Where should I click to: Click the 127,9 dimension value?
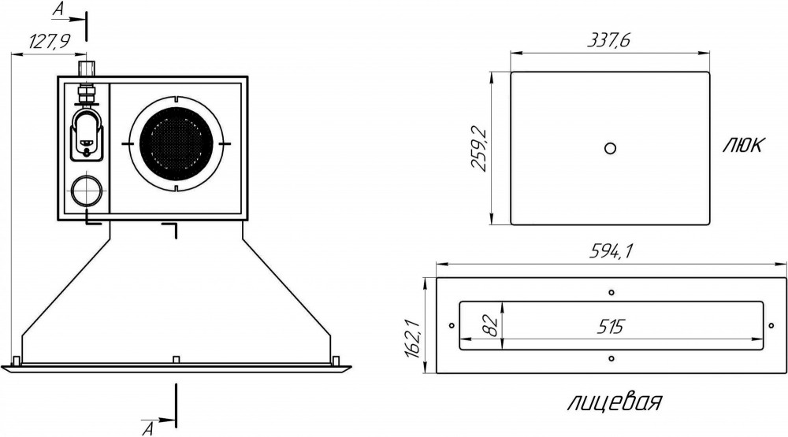49,41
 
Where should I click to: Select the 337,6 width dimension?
608,39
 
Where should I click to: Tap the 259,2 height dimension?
479,149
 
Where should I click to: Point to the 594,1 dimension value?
611,250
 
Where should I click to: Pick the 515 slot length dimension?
610,327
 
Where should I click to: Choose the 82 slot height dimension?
493,325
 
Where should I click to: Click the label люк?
743,145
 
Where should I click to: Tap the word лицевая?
615,402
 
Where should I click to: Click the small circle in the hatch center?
610,148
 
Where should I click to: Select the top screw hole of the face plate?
611,292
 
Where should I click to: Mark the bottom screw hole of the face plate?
611,358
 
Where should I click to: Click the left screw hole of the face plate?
452,325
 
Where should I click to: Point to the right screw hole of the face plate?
771,325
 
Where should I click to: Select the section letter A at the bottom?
148,428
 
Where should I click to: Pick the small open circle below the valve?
87,191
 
